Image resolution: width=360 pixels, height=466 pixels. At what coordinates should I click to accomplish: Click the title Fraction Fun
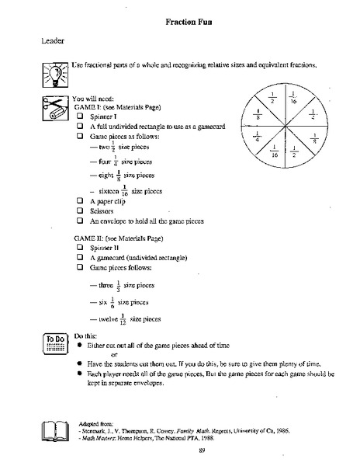click(191, 23)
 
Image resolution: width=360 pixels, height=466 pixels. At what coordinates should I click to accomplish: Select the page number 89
click(201, 450)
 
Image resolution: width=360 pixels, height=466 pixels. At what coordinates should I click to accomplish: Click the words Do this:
click(86, 335)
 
